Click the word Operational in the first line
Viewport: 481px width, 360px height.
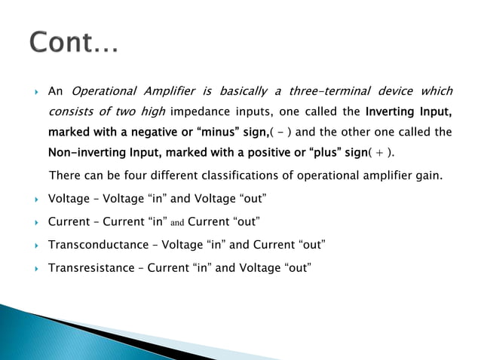103,92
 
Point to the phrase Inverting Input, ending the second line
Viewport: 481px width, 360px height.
409,113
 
